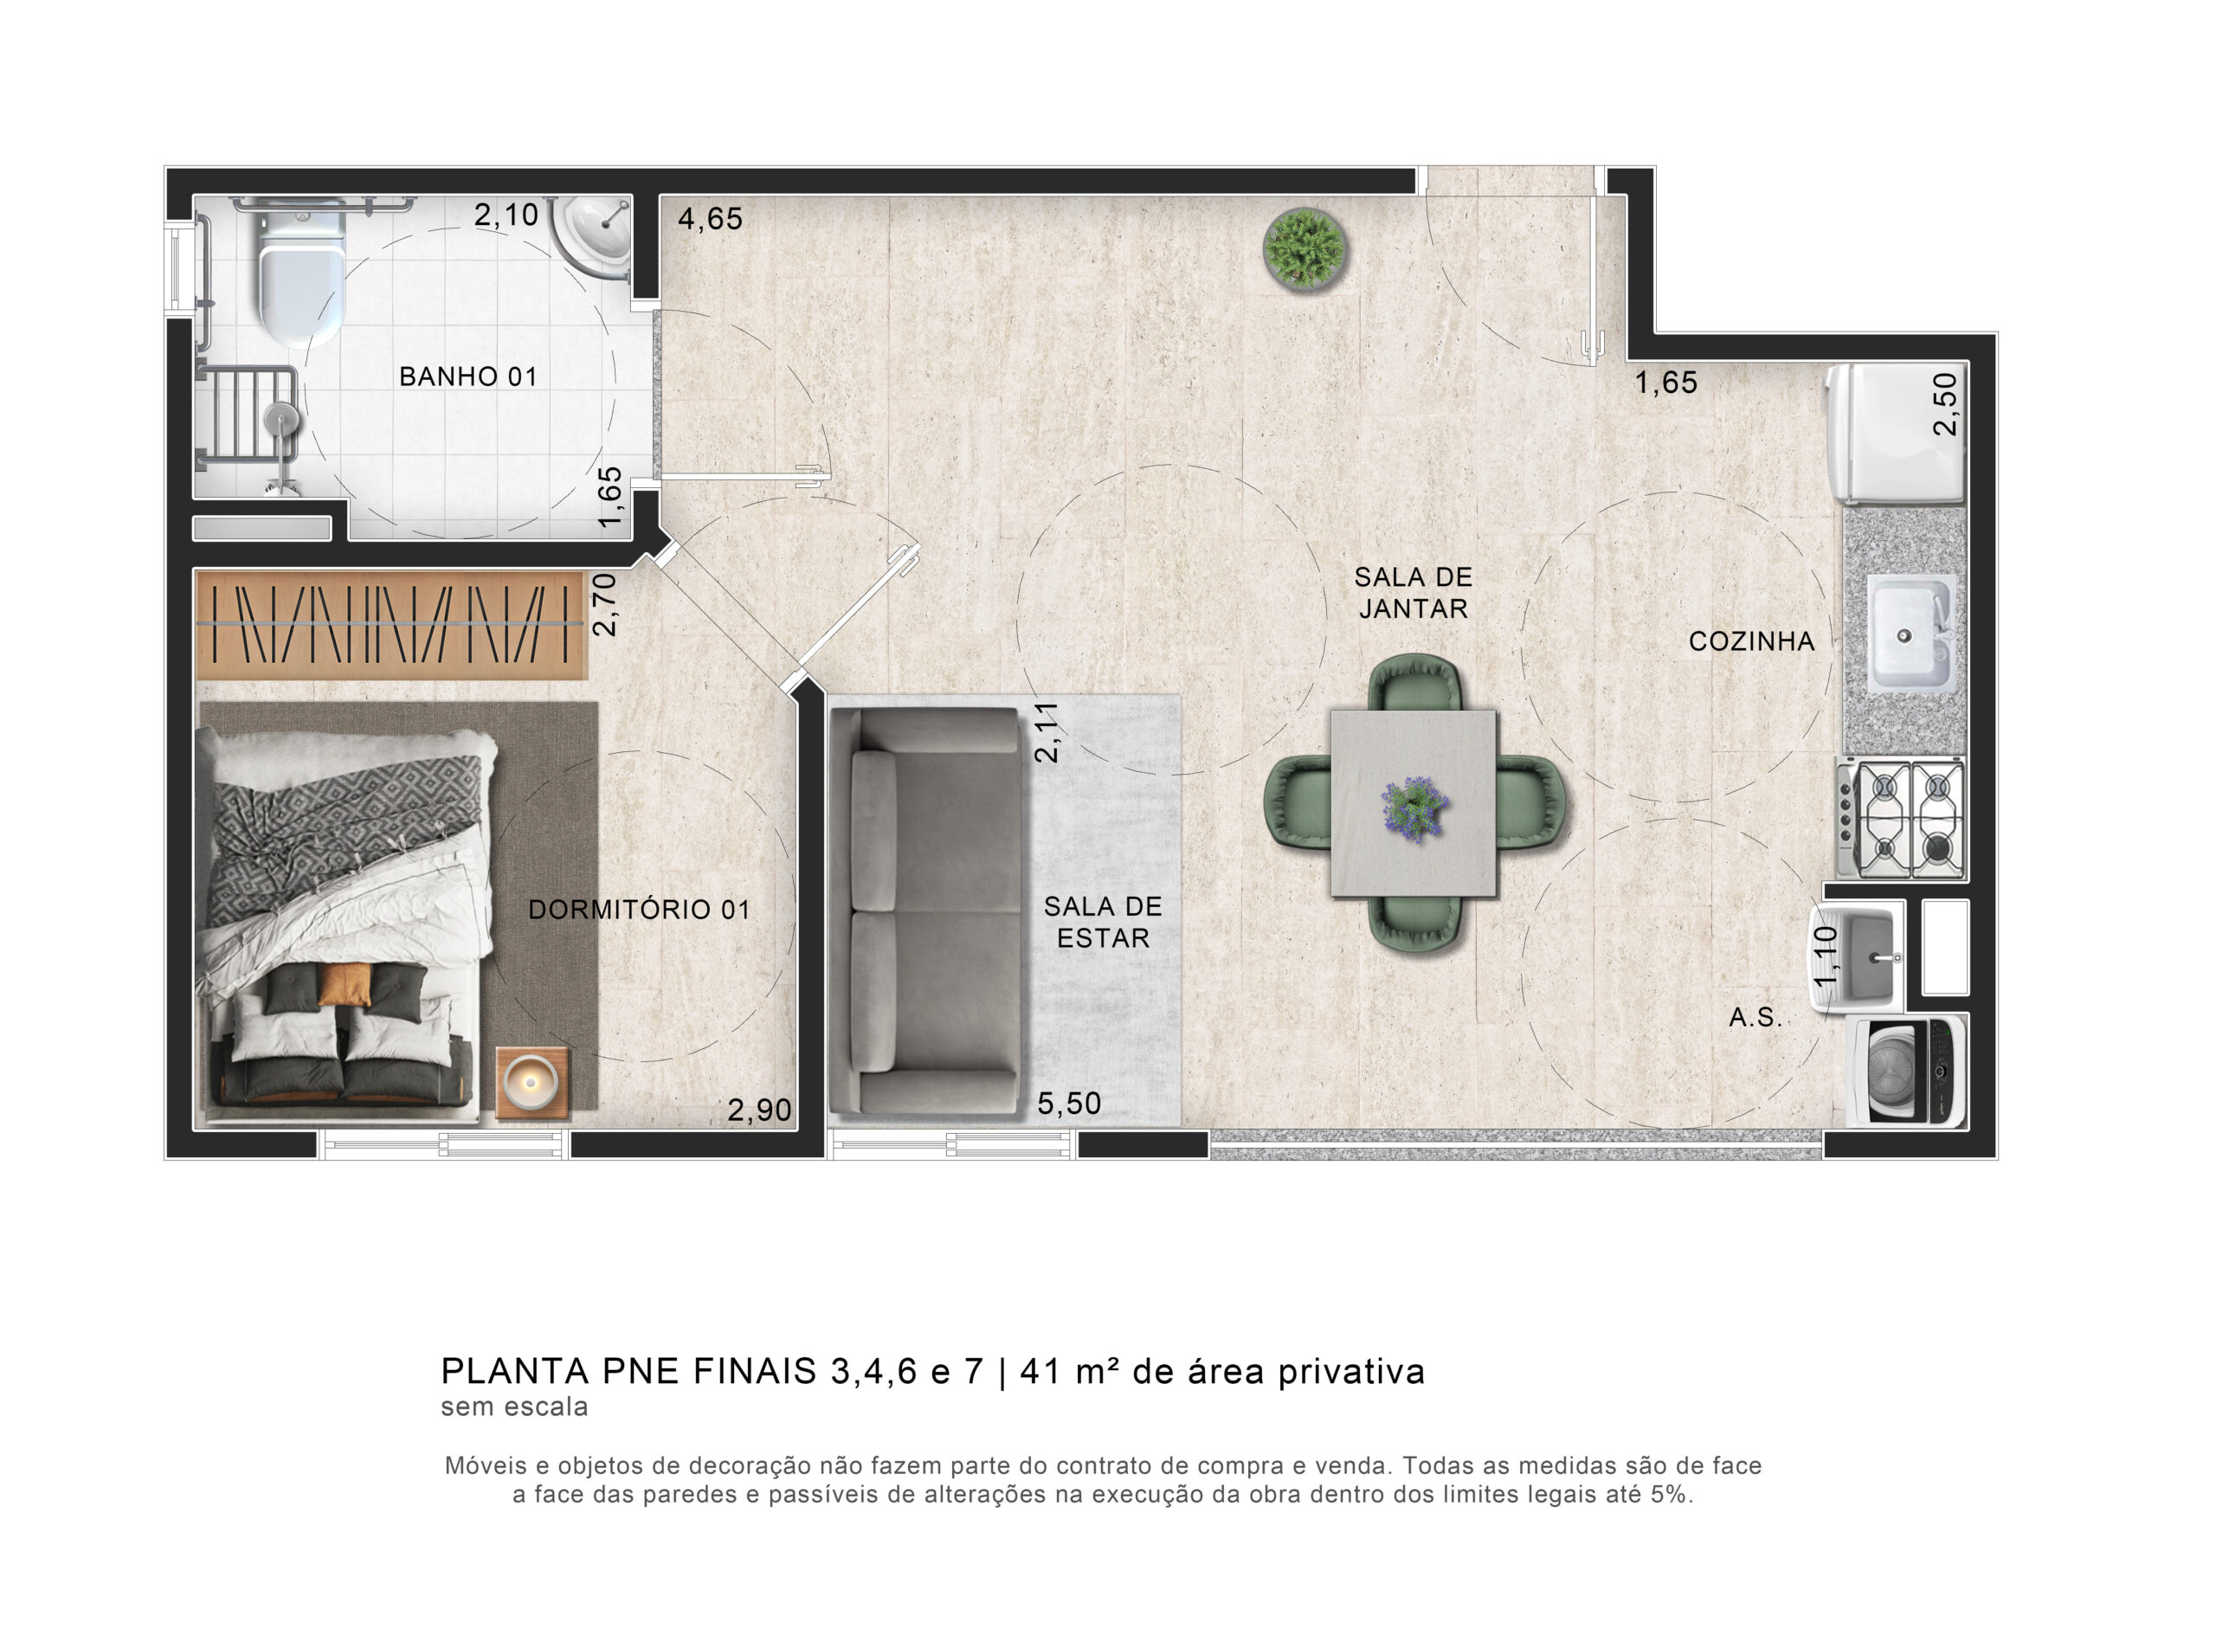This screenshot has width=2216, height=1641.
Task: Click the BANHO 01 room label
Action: pyautogui.click(x=467, y=376)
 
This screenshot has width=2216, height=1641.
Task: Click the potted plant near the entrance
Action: pyautogui.click(x=1305, y=248)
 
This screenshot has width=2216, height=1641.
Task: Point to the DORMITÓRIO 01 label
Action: pyautogui.click(x=639, y=909)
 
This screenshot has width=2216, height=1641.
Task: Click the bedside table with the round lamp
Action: pyautogui.click(x=532, y=1083)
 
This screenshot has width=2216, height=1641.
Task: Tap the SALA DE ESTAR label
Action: pyautogui.click(x=1103, y=922)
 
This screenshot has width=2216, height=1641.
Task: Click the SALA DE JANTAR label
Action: pyautogui.click(x=1413, y=592)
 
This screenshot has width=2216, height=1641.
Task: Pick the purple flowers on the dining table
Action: pyautogui.click(x=1413, y=808)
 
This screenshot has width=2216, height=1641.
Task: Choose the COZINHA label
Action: pyautogui.click(x=1751, y=640)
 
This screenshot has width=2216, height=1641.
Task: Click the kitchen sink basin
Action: pyautogui.click(x=1912, y=634)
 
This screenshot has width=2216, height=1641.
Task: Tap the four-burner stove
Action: pyautogui.click(x=1900, y=819)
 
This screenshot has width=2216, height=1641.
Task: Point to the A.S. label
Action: pyautogui.click(x=1755, y=1016)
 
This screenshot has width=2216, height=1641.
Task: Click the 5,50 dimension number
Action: pyautogui.click(x=1069, y=1103)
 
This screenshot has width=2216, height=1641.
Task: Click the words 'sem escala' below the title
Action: pyautogui.click(x=514, y=1406)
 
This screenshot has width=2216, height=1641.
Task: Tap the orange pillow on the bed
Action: pyautogui.click(x=345, y=984)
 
